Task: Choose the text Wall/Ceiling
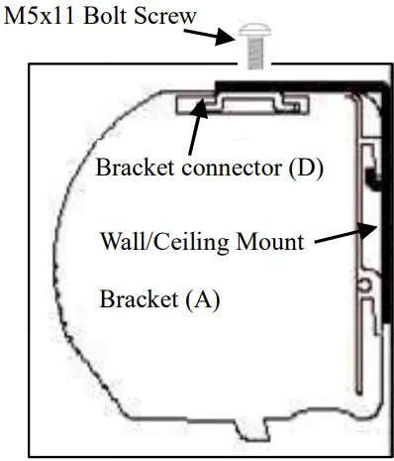coord(164,242)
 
